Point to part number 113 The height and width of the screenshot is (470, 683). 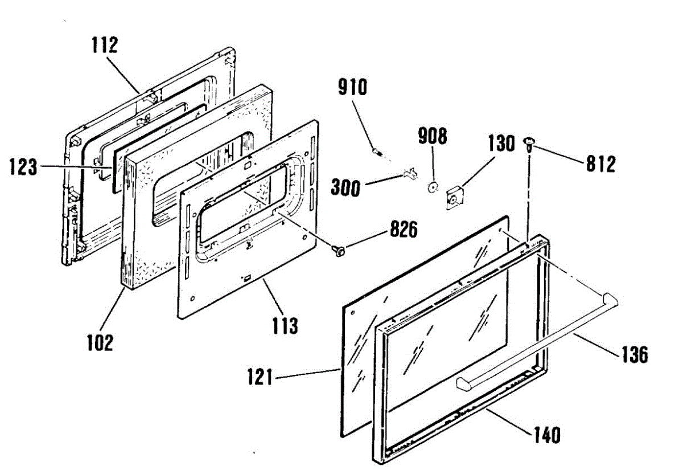(x=285, y=326)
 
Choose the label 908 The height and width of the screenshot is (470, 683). (x=433, y=137)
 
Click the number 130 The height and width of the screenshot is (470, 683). (x=500, y=144)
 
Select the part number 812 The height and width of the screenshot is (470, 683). (x=600, y=165)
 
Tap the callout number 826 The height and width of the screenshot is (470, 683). (x=402, y=230)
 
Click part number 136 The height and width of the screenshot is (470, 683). (x=634, y=354)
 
